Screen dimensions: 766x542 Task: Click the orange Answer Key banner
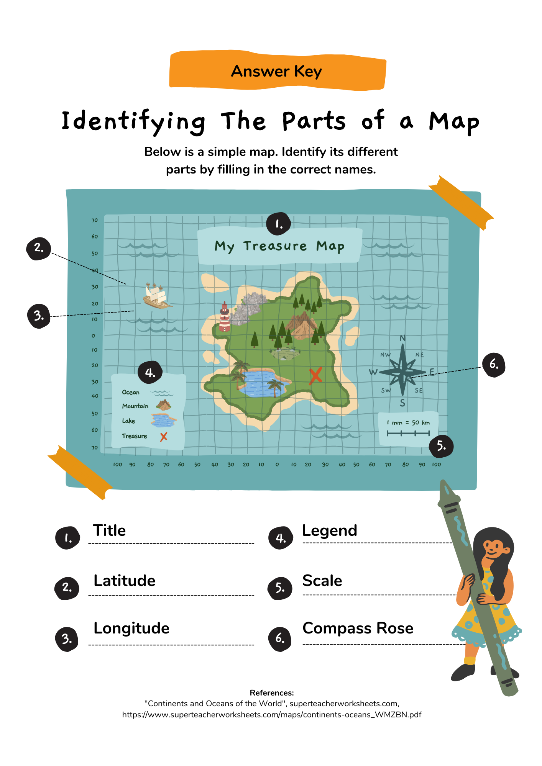pyautogui.click(x=277, y=71)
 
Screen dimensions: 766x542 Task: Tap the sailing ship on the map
pyautogui.click(x=156, y=296)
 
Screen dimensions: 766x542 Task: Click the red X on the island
pyautogui.click(x=315, y=375)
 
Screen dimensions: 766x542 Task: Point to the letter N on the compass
pyautogui.click(x=402, y=338)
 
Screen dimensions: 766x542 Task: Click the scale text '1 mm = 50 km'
pyautogui.click(x=408, y=423)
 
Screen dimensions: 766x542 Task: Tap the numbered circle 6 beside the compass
pyautogui.click(x=494, y=364)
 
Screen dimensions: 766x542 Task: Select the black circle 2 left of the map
pyautogui.click(x=38, y=248)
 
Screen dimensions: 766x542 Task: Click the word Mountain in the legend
pyautogui.click(x=135, y=406)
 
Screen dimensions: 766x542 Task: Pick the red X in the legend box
pyautogui.click(x=164, y=437)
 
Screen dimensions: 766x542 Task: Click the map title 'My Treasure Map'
pyautogui.click(x=279, y=246)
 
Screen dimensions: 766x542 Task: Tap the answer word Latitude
pyautogui.click(x=125, y=581)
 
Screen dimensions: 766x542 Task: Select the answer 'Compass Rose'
pyautogui.click(x=358, y=628)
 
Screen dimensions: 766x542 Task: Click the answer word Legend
pyautogui.click(x=329, y=531)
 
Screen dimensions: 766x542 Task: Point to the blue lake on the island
pyautogui.click(x=261, y=383)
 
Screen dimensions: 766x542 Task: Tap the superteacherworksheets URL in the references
pyautogui.click(x=272, y=715)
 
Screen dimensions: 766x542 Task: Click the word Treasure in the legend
pyautogui.click(x=135, y=436)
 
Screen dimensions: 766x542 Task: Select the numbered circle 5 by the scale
pyautogui.click(x=441, y=446)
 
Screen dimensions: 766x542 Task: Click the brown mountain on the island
pyautogui.click(x=303, y=325)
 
